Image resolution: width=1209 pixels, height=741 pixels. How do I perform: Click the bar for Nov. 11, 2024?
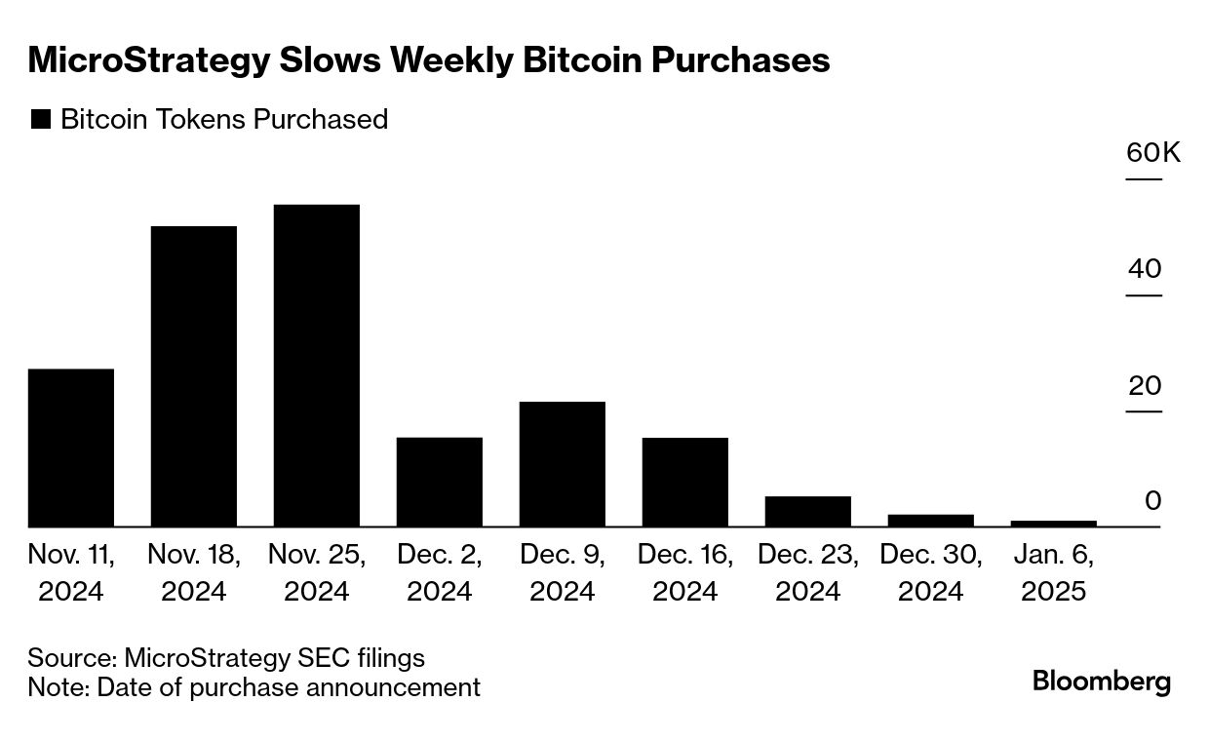pos(71,448)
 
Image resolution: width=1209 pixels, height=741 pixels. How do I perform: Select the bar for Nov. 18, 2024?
pos(194,376)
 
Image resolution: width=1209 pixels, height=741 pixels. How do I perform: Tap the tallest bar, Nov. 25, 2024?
pos(317,366)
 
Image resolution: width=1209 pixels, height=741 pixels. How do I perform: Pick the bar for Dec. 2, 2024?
pos(440,482)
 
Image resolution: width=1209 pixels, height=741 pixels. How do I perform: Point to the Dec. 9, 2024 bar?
pos(563,464)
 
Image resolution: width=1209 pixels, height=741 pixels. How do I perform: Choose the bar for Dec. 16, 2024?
pos(685,482)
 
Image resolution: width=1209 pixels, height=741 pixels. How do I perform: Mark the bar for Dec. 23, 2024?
pos(808,512)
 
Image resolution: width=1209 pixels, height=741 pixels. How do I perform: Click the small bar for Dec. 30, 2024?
pos(931,521)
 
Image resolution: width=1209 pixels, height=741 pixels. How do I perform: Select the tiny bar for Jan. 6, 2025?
pos(1054,524)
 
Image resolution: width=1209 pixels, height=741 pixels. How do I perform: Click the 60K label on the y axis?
pos(1152,153)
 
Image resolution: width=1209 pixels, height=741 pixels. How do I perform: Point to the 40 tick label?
pos(1145,269)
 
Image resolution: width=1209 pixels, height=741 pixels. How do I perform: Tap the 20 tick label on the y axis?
pos(1145,385)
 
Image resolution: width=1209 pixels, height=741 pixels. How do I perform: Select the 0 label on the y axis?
pos(1153,501)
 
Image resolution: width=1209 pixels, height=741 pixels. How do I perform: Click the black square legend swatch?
pos(40,120)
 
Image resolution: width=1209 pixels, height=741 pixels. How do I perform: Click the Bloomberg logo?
pos(1102,681)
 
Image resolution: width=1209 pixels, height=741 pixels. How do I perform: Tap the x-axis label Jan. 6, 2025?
pos(1054,572)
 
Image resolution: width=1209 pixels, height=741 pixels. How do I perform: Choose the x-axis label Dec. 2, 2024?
pos(440,572)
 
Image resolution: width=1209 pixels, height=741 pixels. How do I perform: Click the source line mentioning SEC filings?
pos(226,657)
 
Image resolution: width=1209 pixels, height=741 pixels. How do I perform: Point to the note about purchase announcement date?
pos(253,687)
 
